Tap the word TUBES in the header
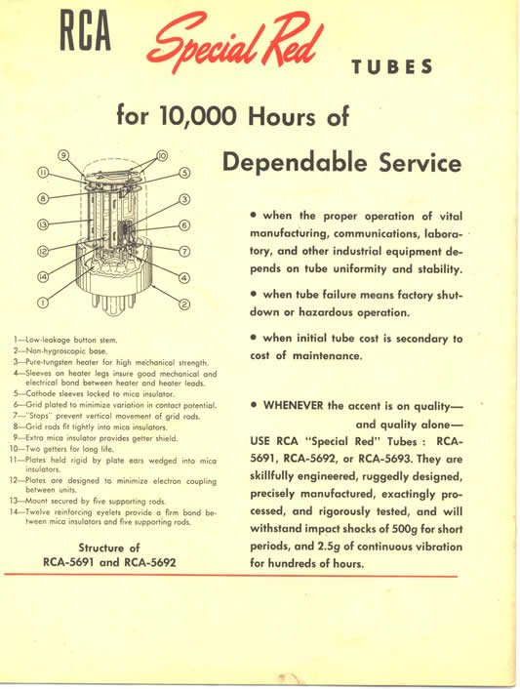click(390, 67)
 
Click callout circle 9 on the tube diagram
click(63, 154)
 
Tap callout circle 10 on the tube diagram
click(162, 154)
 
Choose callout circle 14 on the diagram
click(44, 278)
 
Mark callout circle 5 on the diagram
click(183, 174)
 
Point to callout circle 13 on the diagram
click(43, 224)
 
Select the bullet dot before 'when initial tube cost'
click(255, 338)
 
